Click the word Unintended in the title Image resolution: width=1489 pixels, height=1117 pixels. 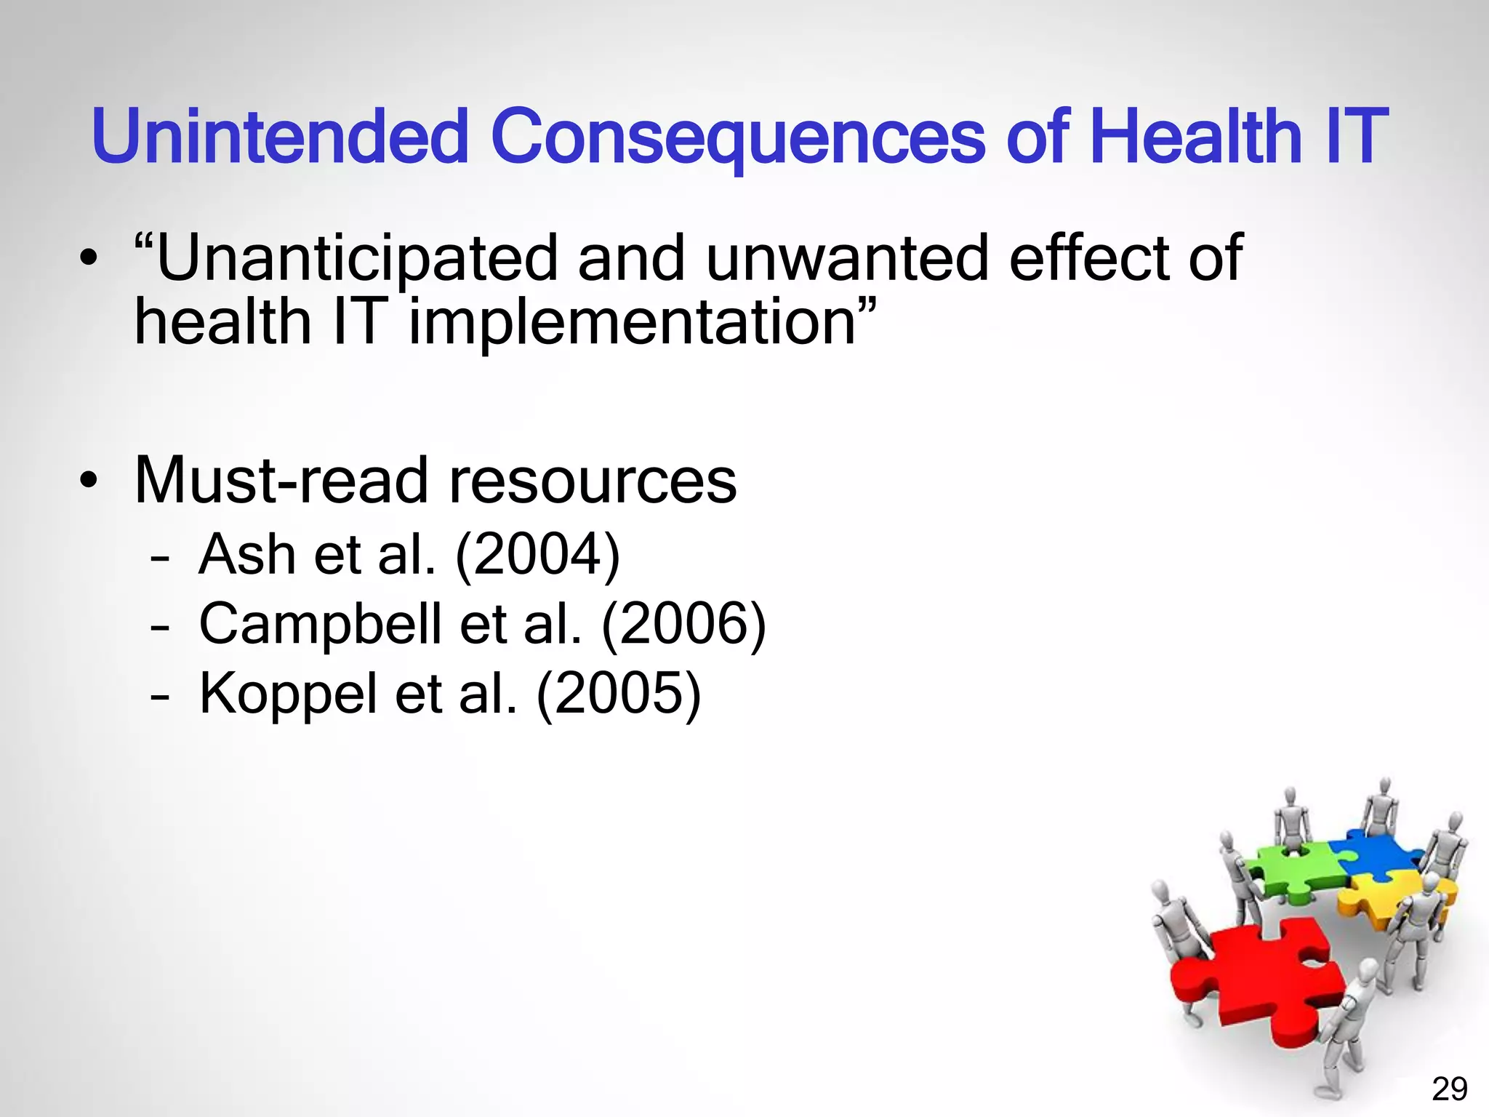click(280, 137)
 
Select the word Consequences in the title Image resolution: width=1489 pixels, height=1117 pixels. click(737, 137)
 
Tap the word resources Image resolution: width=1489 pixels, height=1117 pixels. click(593, 481)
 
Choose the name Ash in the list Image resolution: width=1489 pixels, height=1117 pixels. click(248, 555)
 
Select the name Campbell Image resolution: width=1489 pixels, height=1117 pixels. click(321, 625)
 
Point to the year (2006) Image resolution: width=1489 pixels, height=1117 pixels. click(683, 625)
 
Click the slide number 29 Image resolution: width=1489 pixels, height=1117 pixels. click(1449, 1089)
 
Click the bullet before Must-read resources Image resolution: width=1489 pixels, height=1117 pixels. click(89, 481)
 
